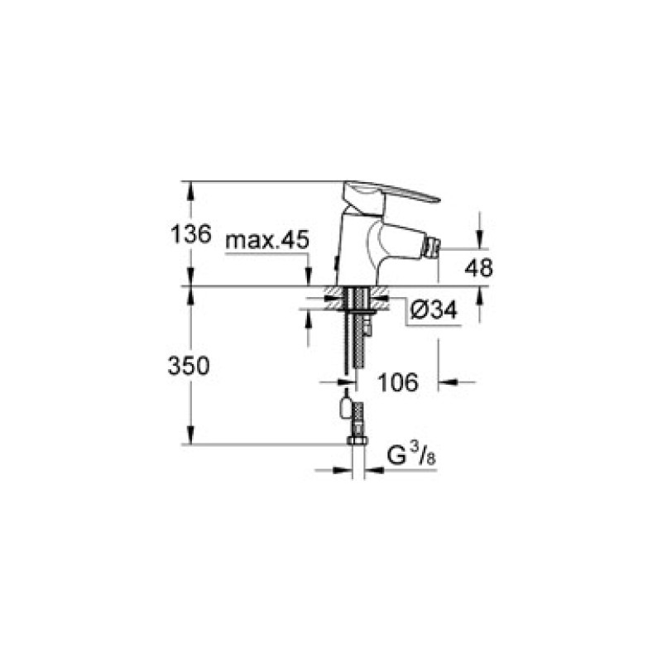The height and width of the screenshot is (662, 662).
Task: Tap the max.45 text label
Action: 266,241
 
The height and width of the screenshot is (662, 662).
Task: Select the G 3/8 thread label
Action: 410,457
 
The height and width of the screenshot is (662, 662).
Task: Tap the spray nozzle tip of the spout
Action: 431,247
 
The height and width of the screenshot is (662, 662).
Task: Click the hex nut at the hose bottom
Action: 357,440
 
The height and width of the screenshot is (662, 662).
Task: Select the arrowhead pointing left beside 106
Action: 445,382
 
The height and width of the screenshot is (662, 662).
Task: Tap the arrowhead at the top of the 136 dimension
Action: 191,187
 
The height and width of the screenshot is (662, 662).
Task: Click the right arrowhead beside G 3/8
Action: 372,472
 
